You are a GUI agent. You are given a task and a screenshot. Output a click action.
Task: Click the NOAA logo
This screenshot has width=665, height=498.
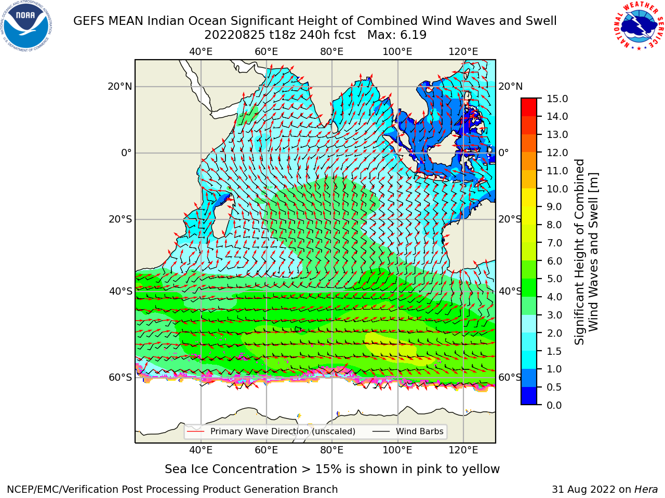(26, 26)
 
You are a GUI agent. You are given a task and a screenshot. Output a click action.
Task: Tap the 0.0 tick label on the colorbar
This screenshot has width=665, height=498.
(554, 405)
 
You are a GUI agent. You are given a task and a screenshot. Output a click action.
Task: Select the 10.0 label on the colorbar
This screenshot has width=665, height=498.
(557, 189)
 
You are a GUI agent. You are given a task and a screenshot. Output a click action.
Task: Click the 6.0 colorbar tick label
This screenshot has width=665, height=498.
(554, 260)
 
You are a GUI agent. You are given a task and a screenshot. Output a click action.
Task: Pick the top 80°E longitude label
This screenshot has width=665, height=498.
(332, 52)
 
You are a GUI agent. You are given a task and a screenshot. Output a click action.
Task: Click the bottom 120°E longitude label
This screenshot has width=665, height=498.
(463, 450)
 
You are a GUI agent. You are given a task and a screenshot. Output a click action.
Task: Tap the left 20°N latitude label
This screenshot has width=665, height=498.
(120, 87)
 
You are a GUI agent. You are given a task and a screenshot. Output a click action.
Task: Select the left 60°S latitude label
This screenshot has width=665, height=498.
(121, 377)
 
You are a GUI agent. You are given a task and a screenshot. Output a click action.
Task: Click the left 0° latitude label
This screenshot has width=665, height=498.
(127, 153)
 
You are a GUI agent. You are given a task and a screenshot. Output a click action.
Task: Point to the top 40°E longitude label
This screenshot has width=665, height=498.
(201, 52)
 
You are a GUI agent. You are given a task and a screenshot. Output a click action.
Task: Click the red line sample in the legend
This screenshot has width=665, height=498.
(195, 431)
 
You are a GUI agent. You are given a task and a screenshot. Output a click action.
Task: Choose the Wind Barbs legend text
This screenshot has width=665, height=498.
(420, 431)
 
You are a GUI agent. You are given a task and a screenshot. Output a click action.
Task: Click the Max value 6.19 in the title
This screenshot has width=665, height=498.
(413, 35)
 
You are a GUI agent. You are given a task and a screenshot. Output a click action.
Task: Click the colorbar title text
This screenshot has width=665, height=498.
(586, 252)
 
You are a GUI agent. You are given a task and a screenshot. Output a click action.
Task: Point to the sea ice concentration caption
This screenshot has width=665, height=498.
(332, 469)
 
